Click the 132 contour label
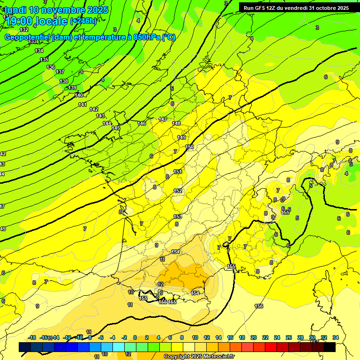coord(24,30)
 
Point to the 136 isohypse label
coord(51,67)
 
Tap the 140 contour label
coord(79,95)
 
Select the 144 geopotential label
coord(107,123)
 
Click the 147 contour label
coord(163,119)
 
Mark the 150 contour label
coord(189,147)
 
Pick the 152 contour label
coord(178,191)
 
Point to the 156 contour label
coord(259,306)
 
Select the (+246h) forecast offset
coord(83,21)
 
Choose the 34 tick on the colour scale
coord(335,337)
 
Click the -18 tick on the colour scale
coord(32,337)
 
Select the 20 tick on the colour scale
coord(254,337)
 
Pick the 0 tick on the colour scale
coord(135,337)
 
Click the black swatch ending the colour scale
coord(330,347)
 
